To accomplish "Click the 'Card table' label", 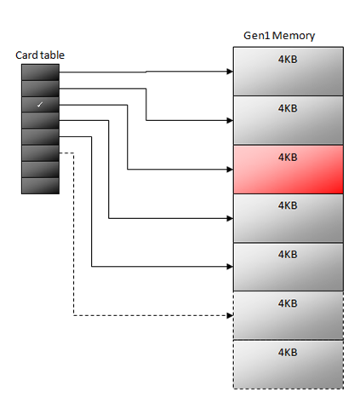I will (x=39, y=55).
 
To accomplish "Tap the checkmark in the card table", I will (x=40, y=104).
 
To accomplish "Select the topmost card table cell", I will (x=40, y=72).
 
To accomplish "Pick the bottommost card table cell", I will (x=40, y=185).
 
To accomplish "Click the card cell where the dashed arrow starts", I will (x=40, y=153).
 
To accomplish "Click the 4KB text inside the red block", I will (x=288, y=157).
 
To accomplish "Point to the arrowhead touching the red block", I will (x=229, y=170).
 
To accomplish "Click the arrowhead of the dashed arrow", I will (x=229, y=316).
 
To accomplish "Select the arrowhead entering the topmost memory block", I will (x=229, y=72).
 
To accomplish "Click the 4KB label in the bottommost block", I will (x=288, y=352).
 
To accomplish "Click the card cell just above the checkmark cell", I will (x=40, y=89).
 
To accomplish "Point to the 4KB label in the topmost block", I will (x=288, y=60).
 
